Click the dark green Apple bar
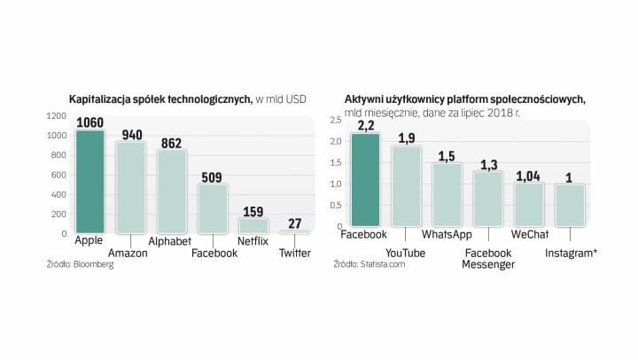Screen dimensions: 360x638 (90, 182)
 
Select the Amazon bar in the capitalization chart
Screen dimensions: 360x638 (131, 188)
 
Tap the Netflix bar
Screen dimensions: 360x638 (253, 225)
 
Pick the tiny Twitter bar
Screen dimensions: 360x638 (294, 231)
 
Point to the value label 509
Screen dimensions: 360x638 (213, 176)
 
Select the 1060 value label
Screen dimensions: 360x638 (90, 122)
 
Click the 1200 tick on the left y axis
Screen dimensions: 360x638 (57, 116)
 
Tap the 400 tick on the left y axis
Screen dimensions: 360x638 (58, 194)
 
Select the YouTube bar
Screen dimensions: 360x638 (406, 185)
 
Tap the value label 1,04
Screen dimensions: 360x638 (529, 176)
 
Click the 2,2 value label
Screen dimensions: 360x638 (365, 126)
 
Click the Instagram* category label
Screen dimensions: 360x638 (571, 254)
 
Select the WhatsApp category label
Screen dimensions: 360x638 (447, 235)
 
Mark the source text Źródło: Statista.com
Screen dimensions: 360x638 (369, 264)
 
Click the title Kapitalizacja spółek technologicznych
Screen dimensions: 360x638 (160, 98)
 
